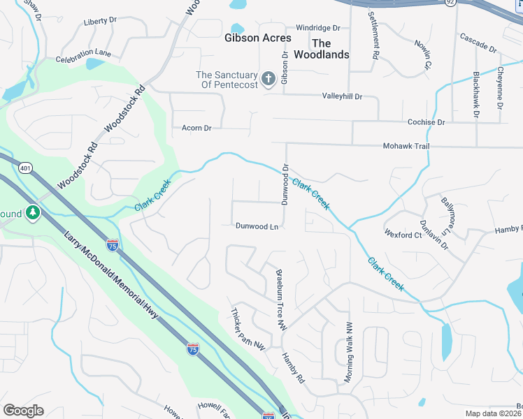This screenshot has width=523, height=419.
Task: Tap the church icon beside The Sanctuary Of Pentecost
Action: click(268, 80)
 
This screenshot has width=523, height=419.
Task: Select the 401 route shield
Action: click(26, 168)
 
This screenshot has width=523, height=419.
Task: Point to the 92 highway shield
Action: click(450, 2)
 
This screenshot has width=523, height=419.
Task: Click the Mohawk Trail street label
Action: click(406, 146)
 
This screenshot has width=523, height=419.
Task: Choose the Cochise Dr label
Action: click(426, 122)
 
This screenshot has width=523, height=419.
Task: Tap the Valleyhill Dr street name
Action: click(342, 96)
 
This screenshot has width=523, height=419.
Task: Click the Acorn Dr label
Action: click(196, 128)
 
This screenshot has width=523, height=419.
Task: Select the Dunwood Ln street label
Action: click(257, 226)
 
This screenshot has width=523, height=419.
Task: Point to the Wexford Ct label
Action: click(403, 235)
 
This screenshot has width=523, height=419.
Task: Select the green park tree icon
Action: click(32, 212)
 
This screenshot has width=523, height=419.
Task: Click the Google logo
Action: click(23, 411)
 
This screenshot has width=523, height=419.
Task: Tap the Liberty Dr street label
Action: click(99, 22)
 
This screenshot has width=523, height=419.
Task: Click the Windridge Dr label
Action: click(317, 28)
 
